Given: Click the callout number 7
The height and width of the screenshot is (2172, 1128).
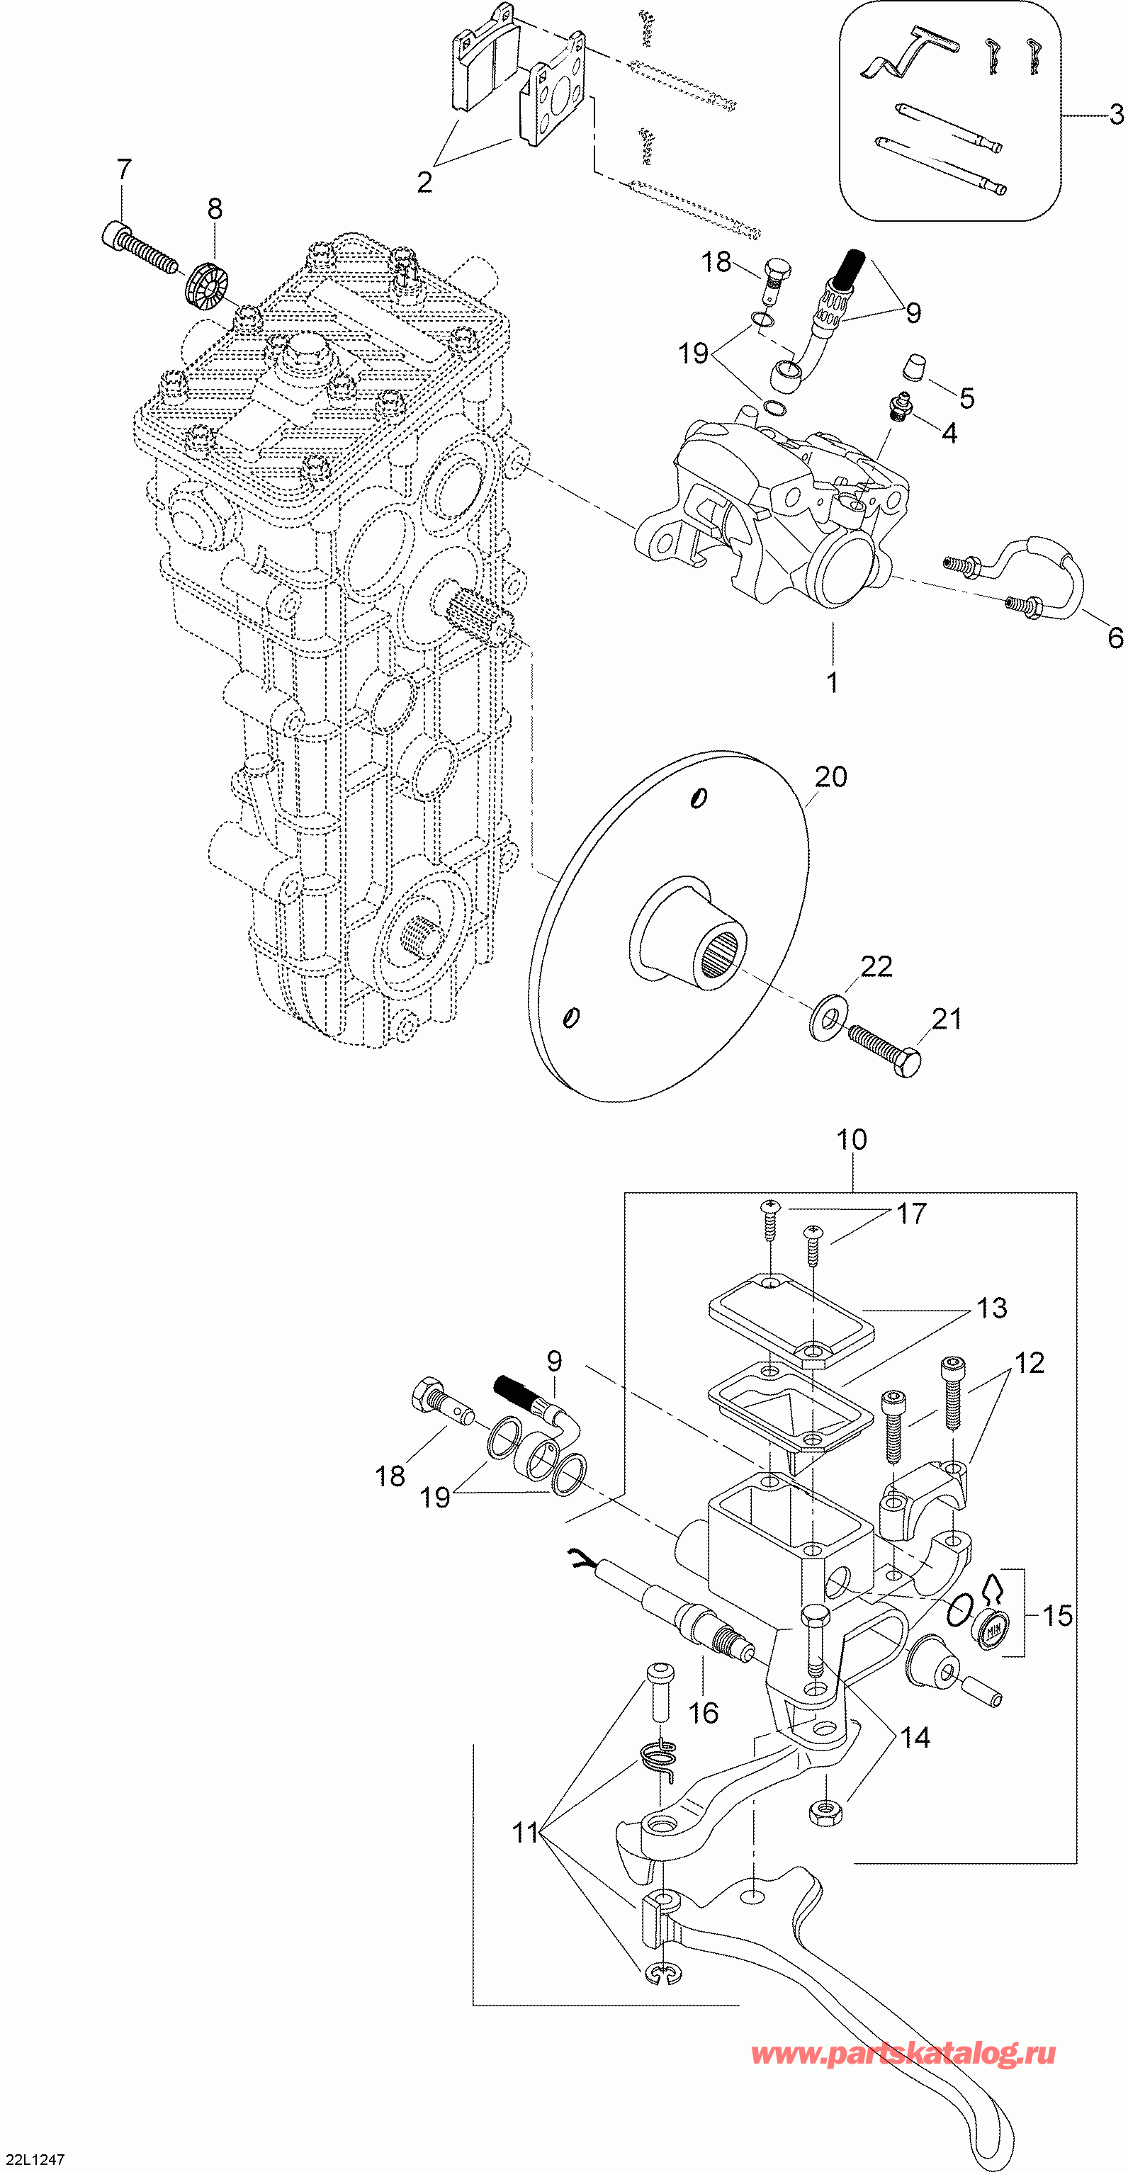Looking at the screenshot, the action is (124, 169).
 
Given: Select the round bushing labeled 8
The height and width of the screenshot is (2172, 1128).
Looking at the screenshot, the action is (208, 285).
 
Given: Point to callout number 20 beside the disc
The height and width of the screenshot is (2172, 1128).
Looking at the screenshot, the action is (830, 776).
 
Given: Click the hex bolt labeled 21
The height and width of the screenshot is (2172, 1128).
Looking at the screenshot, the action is (885, 1050).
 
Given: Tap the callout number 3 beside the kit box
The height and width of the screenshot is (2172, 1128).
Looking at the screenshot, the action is (1115, 114).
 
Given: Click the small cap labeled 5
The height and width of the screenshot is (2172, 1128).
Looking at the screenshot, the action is (913, 368).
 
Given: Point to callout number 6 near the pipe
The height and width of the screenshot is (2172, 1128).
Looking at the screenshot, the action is (1115, 638).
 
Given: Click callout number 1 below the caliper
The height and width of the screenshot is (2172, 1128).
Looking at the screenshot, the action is (832, 681).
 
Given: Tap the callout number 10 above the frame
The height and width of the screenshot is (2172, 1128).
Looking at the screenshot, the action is (852, 1140).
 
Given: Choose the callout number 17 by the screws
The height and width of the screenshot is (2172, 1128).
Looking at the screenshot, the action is (910, 1214).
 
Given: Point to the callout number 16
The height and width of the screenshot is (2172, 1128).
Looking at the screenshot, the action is (703, 1712).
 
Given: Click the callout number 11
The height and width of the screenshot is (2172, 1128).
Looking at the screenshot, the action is (525, 1833).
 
